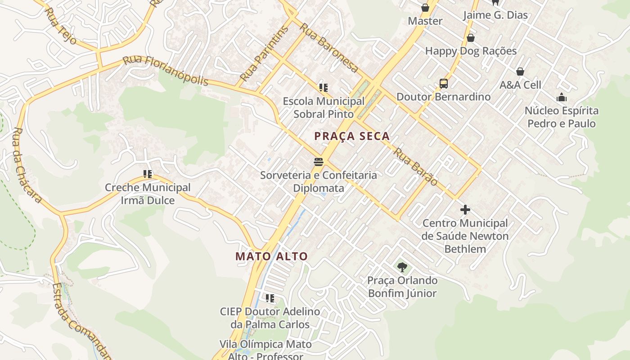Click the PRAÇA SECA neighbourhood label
(x=351, y=136)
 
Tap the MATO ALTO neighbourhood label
(x=272, y=256)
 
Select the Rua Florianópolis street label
(x=166, y=71)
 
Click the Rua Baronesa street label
(x=329, y=48)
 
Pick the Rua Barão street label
(x=415, y=166)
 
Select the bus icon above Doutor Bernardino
(x=444, y=84)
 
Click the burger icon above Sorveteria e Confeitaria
(x=319, y=162)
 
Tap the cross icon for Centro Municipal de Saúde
(x=465, y=210)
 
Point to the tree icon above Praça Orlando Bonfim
(x=402, y=267)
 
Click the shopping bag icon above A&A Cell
(x=520, y=72)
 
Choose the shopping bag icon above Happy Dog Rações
(x=471, y=38)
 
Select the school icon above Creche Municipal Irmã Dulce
(x=148, y=174)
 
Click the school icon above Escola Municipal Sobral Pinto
(x=323, y=88)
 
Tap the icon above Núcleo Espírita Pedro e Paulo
(x=562, y=97)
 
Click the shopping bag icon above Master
(x=425, y=8)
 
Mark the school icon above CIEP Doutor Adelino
(x=270, y=298)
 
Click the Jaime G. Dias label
(x=495, y=15)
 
